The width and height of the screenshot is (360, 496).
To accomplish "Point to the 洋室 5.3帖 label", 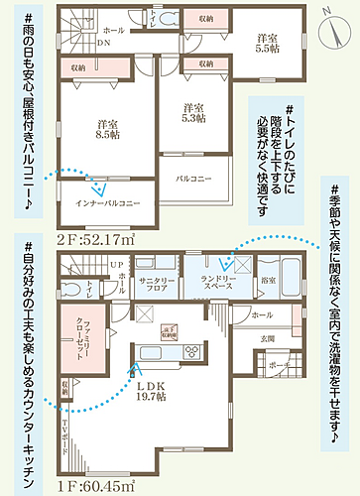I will point(192,112).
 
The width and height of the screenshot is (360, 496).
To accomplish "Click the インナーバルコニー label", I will point(108,202).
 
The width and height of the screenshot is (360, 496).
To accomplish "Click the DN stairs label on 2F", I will point(103,45).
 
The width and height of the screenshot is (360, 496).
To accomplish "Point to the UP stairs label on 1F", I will point(115,264).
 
